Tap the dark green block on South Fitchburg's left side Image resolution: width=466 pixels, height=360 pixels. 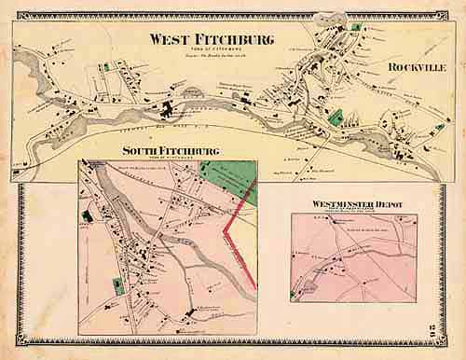(87, 215)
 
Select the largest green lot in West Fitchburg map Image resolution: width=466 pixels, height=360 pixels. (336, 119)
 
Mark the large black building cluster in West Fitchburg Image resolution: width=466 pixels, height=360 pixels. (171, 112)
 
